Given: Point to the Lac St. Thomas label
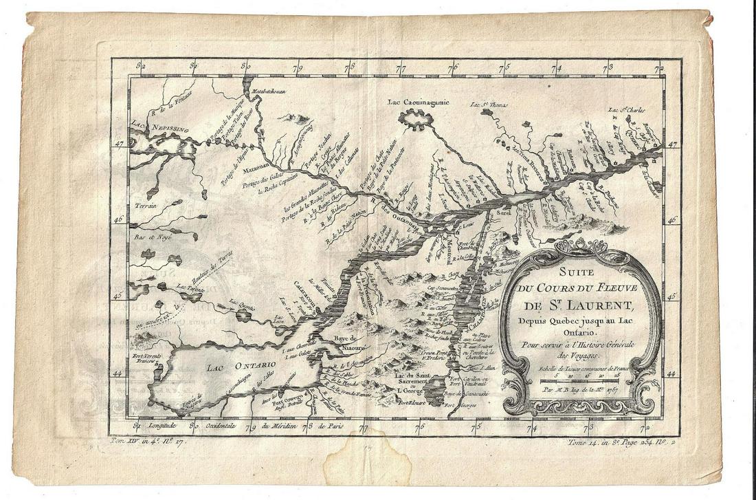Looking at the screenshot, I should (x=488, y=105).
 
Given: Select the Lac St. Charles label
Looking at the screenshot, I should (x=626, y=110).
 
